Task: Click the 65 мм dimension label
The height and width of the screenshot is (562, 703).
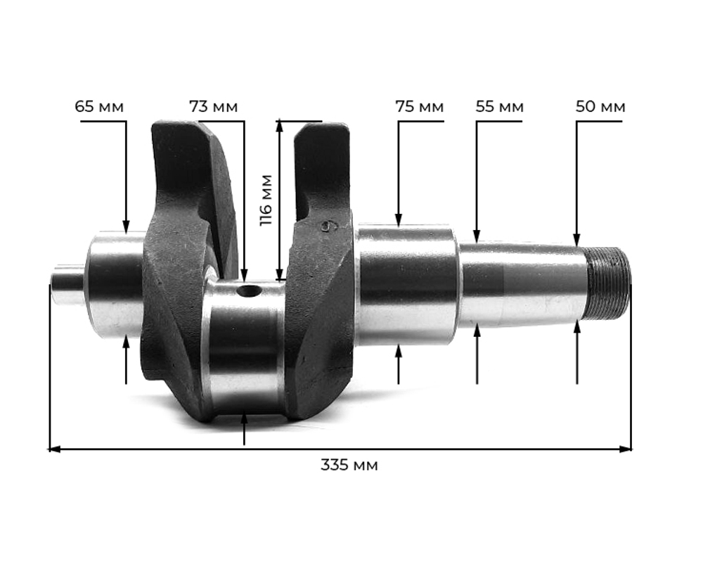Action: point(99,107)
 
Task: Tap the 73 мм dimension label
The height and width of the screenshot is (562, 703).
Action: point(214,107)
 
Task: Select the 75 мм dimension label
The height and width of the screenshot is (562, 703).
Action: point(420,107)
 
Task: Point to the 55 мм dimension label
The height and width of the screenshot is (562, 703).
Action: point(499,107)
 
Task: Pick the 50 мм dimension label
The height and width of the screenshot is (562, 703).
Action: point(600,107)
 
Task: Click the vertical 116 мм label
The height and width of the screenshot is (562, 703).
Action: point(266,200)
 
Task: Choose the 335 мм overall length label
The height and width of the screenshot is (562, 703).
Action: point(349,465)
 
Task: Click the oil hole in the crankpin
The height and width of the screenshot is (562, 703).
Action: point(249,292)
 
